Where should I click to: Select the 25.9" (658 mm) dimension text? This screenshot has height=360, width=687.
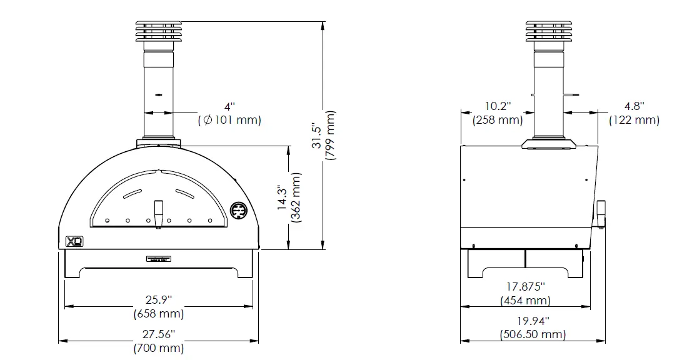click(x=159, y=306)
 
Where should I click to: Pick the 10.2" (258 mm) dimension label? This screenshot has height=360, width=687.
click(x=498, y=113)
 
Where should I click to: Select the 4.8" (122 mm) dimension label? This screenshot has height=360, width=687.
click(x=634, y=113)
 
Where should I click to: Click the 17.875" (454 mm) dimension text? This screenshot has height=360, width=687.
click(x=525, y=294)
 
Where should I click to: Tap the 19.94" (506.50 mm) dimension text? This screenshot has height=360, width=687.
click(x=533, y=328)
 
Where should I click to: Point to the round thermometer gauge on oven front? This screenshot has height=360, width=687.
click(x=238, y=211)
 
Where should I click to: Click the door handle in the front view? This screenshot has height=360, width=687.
click(x=159, y=214)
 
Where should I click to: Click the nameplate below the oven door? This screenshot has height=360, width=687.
click(x=159, y=259)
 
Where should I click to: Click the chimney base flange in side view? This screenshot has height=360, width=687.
click(x=548, y=144)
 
